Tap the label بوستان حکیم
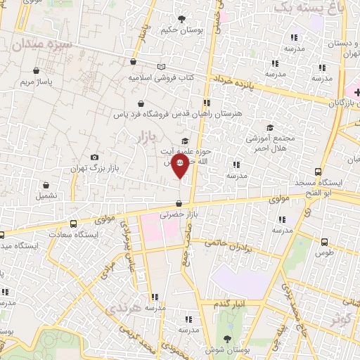[183, 30]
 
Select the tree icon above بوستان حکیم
[183, 19]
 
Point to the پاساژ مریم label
[37, 82]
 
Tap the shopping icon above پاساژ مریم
[37, 71]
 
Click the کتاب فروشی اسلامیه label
[160, 77]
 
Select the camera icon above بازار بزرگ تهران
[95, 157]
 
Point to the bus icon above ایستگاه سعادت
[73, 224]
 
